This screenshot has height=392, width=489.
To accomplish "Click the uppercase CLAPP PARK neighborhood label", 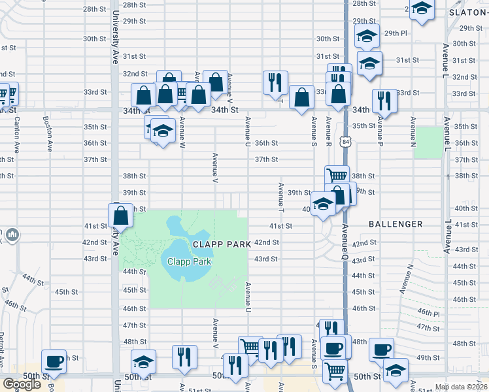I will click(221, 244).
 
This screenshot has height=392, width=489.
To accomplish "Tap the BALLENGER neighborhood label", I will click(396, 224).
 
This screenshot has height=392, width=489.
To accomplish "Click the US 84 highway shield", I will click(345, 142).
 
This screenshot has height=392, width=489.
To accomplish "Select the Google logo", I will click(22, 384).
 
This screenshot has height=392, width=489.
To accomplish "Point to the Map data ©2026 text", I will click(460, 387).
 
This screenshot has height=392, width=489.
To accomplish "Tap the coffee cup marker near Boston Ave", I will click(54, 361).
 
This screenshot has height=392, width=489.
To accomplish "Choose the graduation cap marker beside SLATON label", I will click(422, 9).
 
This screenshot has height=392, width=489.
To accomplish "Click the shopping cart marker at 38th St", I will click(337, 175).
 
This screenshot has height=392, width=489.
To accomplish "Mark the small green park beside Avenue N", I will click(428, 142).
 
